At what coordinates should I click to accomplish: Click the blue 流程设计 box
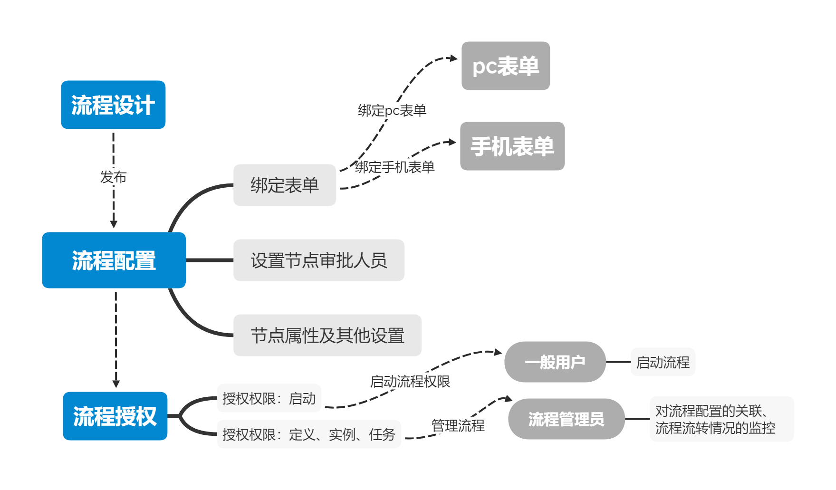coord(113,105)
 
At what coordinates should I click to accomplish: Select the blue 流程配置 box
coord(114,260)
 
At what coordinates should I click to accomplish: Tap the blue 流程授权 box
coord(115,416)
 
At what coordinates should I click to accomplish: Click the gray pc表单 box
coord(506,66)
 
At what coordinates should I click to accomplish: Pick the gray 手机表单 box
coord(512,146)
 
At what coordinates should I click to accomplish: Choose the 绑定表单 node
coord(284,185)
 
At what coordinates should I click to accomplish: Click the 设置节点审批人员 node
coord(318,260)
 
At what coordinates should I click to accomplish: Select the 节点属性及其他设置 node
coord(327,335)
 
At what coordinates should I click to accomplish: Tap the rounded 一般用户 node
coord(555,362)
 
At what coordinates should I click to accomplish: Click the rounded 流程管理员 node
coord(566,419)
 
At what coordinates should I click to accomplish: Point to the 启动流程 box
coord(663,362)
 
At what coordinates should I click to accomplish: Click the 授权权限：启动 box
coord(269,398)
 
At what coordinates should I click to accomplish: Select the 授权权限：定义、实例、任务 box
coord(308,434)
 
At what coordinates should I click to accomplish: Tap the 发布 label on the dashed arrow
coord(113,177)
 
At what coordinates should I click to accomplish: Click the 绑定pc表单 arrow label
coord(392,110)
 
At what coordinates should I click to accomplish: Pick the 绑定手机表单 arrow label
coord(394,167)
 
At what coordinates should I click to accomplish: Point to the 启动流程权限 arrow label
coord(410,381)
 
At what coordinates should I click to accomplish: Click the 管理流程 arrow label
coord(458,425)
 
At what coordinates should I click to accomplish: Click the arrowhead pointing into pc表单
coord(454,58)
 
